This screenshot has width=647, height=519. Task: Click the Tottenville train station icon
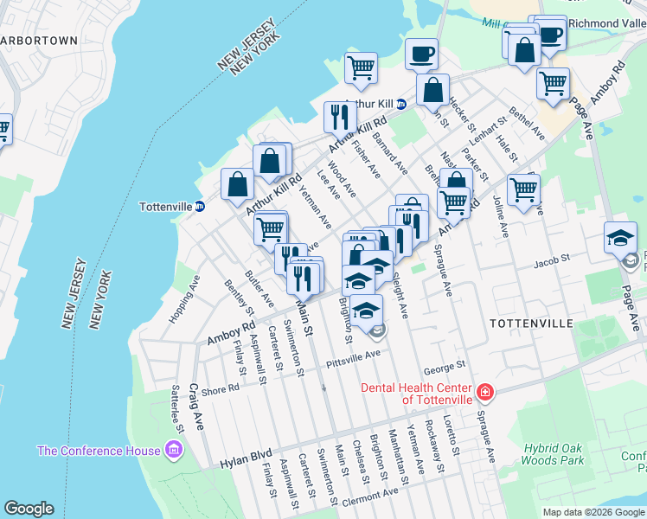[199, 207]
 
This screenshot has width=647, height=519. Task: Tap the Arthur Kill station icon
[400, 104]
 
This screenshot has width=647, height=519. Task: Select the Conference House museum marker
[174, 450]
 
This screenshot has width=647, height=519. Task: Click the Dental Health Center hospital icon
[485, 393]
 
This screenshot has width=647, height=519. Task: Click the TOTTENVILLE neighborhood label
[531, 323]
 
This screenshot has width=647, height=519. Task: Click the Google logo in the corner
[29, 509]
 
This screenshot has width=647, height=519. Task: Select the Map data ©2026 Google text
[593, 512]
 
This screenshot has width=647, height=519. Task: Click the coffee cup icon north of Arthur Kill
[421, 54]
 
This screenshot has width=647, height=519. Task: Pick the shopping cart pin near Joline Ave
[523, 189]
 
